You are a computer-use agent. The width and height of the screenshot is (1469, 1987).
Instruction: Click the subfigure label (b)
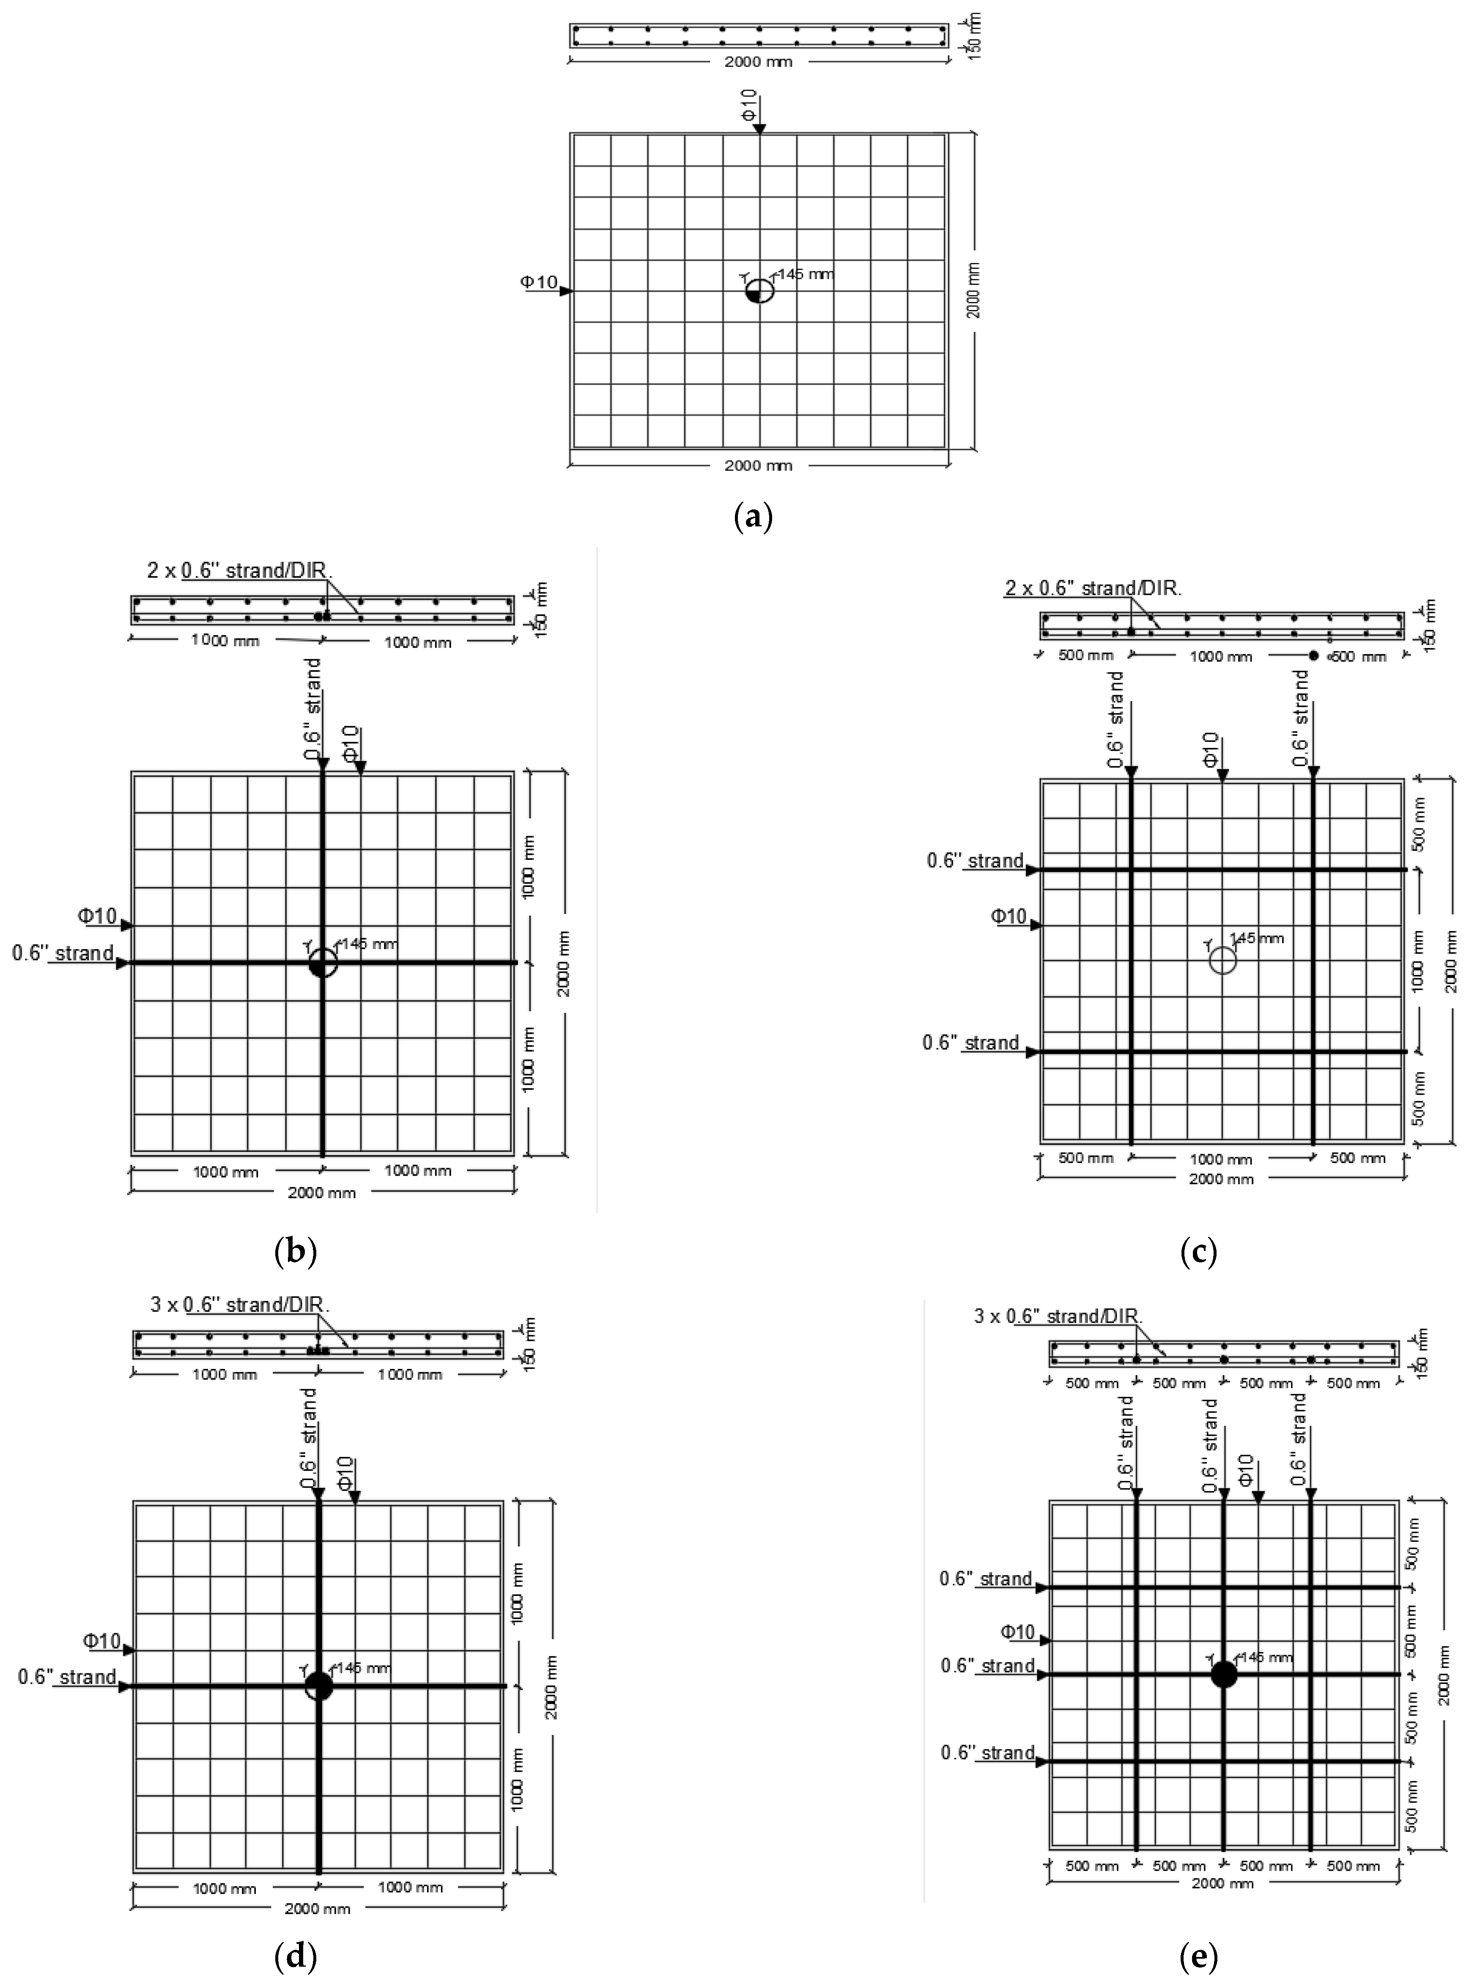[296, 1252]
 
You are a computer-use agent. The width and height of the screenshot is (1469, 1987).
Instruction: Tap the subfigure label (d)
[296, 1956]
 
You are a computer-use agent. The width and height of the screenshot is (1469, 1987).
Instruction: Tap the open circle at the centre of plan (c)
[1222, 960]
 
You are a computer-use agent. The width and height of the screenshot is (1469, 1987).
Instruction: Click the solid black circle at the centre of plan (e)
[1224, 1674]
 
